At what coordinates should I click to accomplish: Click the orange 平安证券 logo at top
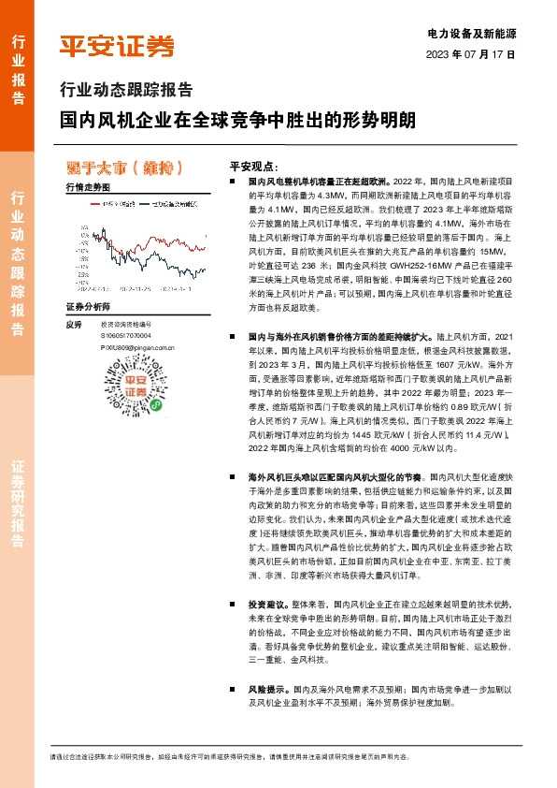[x=116, y=46]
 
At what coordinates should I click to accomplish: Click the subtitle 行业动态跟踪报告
[x=125, y=91]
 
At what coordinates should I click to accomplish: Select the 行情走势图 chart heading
[x=90, y=188]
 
